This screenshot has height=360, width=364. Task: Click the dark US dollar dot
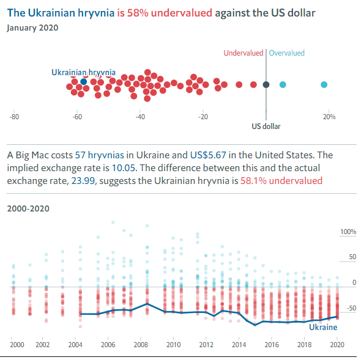(x=266, y=84)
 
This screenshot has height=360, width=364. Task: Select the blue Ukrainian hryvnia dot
(x=83, y=81)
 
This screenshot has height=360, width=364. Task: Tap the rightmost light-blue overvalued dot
(x=324, y=84)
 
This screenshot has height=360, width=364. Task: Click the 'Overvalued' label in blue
(x=287, y=53)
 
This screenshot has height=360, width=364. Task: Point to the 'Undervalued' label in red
(x=243, y=53)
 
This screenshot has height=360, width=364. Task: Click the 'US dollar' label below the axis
(x=266, y=127)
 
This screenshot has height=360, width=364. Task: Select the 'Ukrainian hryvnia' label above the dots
(x=83, y=72)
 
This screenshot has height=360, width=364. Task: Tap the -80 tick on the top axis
(x=15, y=117)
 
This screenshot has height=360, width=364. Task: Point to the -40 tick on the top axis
(x=140, y=117)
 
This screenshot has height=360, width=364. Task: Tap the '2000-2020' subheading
(x=28, y=208)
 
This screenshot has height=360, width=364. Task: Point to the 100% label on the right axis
(x=347, y=232)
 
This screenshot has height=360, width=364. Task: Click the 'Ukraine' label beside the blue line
(x=322, y=328)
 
